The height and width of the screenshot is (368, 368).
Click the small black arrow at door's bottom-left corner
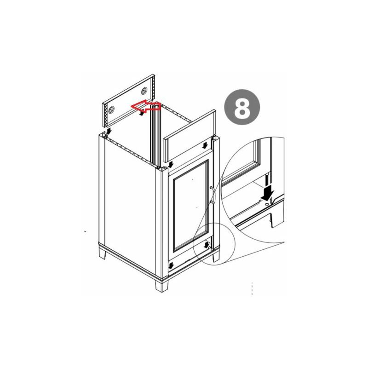171,265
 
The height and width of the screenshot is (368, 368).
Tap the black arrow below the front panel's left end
171,163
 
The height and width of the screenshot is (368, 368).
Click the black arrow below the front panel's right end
204,145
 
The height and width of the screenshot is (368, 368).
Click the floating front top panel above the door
190,138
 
